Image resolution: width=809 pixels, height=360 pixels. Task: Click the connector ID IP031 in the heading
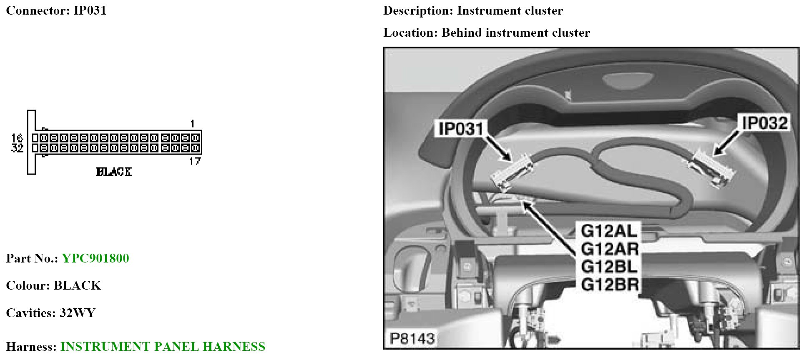click(x=90, y=10)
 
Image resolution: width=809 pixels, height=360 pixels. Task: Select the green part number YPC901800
click(x=95, y=258)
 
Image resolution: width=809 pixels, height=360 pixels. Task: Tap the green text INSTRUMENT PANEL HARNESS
click(x=163, y=347)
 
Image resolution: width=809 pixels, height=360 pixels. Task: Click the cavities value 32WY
click(x=78, y=313)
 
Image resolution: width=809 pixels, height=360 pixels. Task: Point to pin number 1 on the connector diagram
click(x=192, y=124)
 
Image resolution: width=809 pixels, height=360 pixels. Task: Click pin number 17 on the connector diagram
click(x=195, y=161)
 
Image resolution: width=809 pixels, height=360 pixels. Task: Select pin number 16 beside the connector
click(x=18, y=138)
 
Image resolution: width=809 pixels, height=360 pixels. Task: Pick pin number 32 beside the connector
click(x=18, y=148)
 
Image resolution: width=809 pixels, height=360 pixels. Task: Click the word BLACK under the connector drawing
click(x=114, y=172)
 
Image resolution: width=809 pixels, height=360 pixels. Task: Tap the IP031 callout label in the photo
click(x=461, y=129)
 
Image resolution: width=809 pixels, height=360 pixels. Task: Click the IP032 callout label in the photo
click(x=764, y=123)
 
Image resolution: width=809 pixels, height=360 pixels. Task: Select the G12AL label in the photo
click(x=609, y=231)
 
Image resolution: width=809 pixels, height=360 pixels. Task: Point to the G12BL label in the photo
click(x=609, y=267)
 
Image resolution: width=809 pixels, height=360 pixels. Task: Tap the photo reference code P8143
click(x=412, y=338)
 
